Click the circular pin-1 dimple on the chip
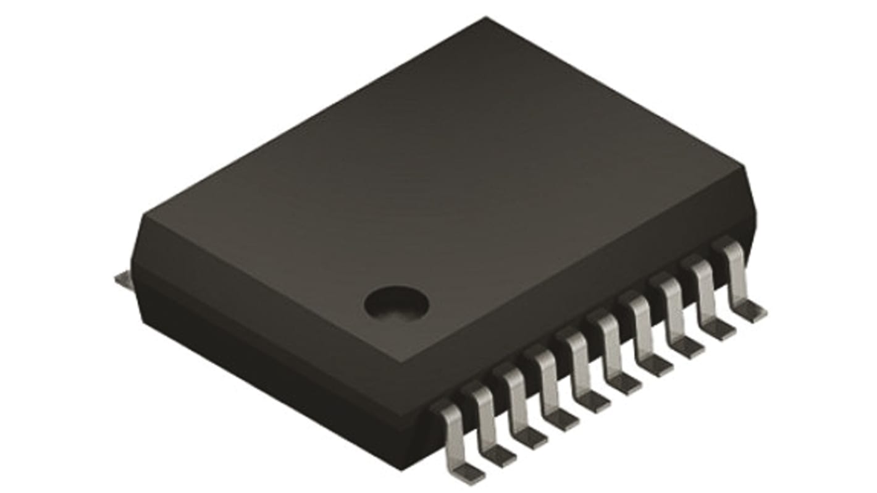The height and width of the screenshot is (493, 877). tap(396, 302)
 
